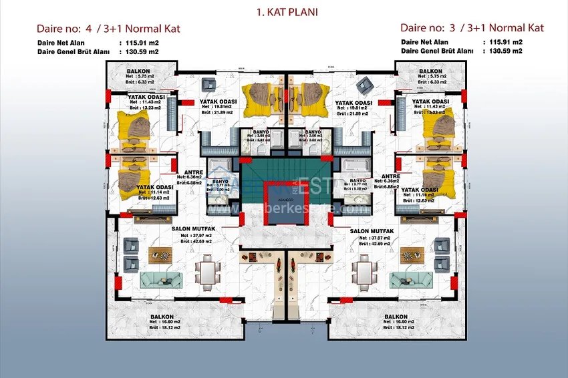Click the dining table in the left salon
pos(207,271)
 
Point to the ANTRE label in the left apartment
pos(194,172)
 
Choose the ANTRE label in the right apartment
pos(390,177)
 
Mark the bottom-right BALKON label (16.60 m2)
pos(396,316)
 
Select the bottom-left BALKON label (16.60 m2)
pos(162,316)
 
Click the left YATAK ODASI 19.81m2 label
pos(216,102)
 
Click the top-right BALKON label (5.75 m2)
pos(430,71)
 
